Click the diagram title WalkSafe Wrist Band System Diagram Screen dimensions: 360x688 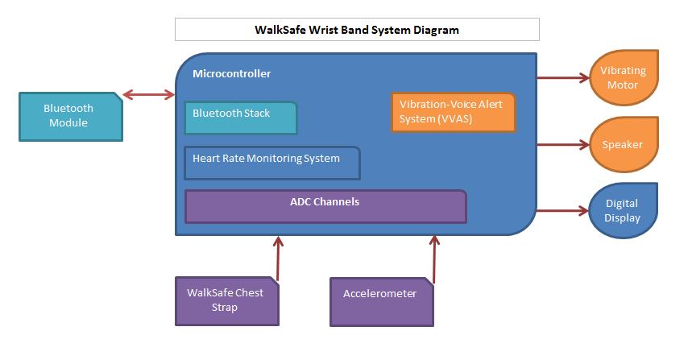357,30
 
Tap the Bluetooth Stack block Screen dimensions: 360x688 240,118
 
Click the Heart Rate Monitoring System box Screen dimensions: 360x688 271,162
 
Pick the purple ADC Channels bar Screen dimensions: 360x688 325,206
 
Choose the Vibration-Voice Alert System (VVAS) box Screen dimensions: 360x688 453,113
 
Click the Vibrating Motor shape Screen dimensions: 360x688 623,77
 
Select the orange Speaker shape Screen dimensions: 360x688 623,145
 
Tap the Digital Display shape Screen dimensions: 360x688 623,211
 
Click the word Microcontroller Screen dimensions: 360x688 232,74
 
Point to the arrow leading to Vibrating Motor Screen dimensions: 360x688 562,78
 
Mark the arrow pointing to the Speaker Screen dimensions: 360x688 562,145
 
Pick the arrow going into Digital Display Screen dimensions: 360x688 562,211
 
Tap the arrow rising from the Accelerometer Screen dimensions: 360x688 435,259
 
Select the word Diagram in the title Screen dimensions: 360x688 433,30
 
